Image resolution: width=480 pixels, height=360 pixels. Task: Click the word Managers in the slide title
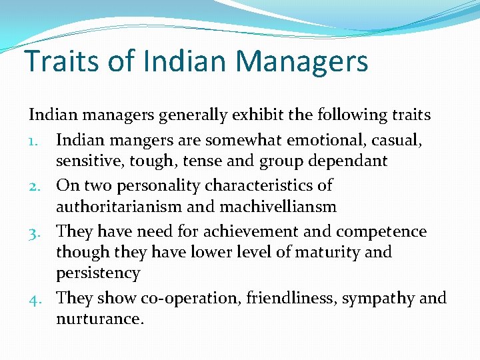point(301,61)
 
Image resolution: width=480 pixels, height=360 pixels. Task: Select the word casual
point(400,140)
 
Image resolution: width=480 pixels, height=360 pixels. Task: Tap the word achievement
point(241,231)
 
